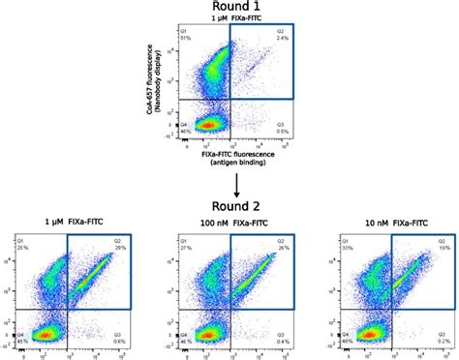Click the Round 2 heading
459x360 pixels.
229,206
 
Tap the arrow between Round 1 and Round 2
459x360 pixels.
230,180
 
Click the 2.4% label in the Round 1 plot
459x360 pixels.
280,38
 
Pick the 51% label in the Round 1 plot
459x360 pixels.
171,38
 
